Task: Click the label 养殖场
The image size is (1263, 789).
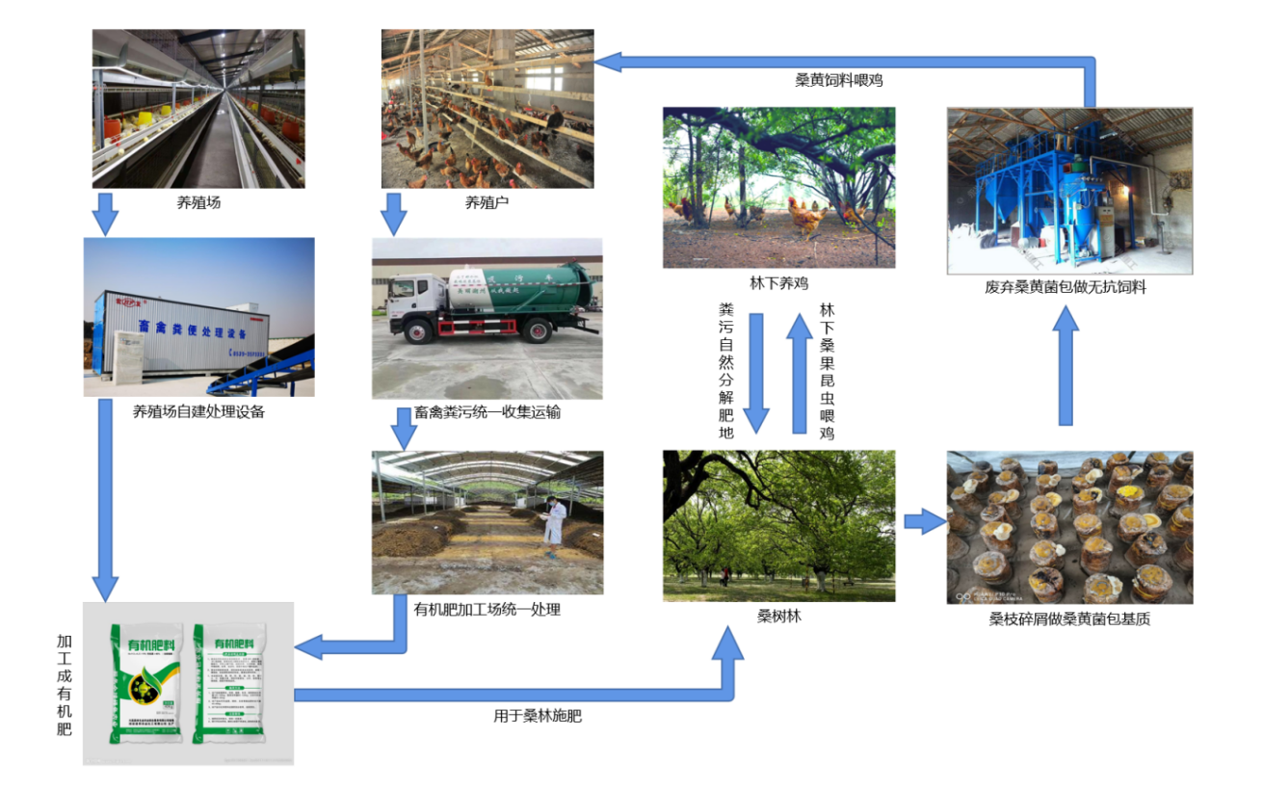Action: click(x=198, y=202)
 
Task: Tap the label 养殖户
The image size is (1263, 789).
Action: click(x=487, y=202)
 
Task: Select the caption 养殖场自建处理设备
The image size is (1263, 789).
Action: click(x=198, y=412)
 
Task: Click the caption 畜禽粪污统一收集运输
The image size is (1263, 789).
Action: click(x=487, y=412)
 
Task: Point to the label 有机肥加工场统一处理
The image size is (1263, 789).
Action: click(x=487, y=610)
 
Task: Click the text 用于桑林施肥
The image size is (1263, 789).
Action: click(x=538, y=716)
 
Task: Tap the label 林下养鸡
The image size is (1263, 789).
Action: click(x=778, y=283)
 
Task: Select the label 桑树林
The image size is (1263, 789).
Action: click(x=778, y=617)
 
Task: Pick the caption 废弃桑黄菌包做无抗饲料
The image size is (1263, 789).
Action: click(x=1069, y=287)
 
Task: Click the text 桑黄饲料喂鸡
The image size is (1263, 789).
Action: click(x=839, y=81)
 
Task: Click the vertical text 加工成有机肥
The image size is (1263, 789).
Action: click(x=65, y=684)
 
